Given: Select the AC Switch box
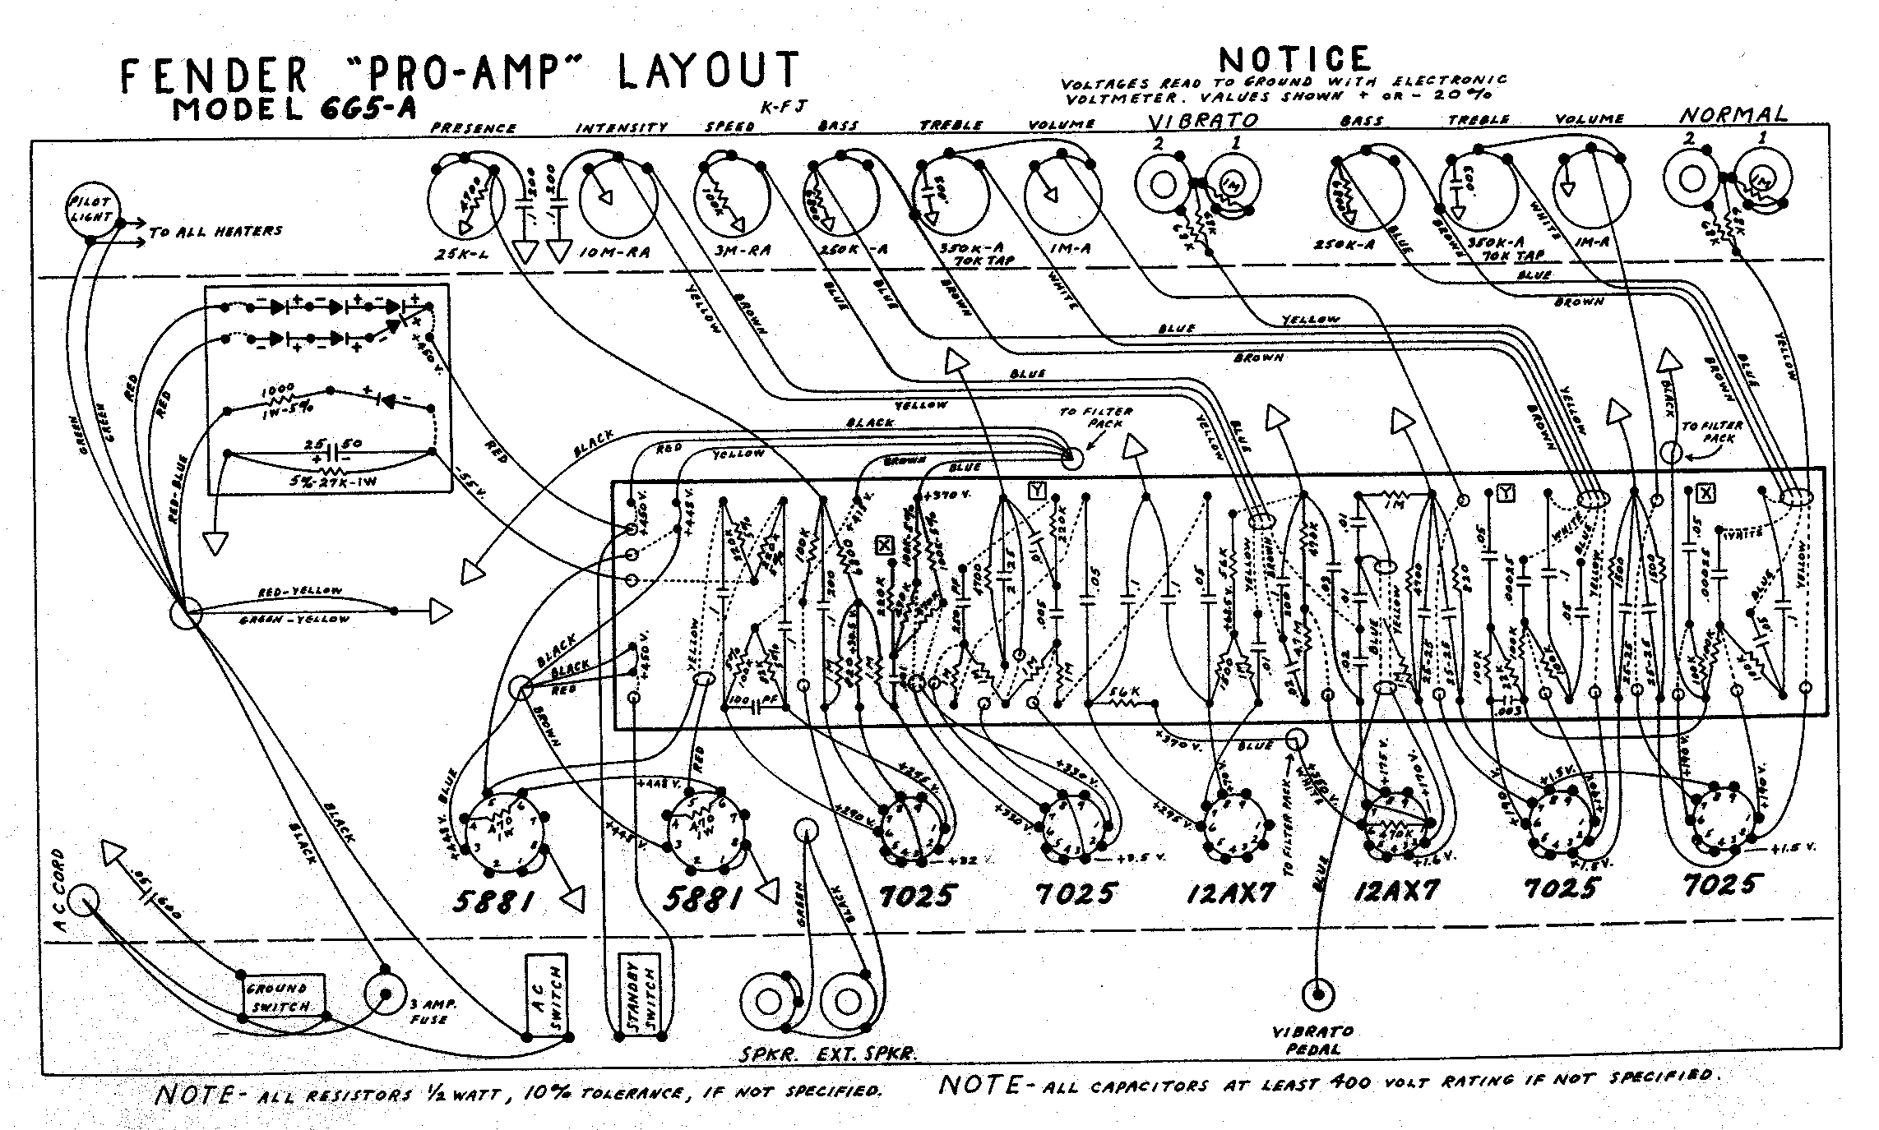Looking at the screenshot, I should [x=547, y=995].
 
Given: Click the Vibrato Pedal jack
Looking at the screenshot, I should [x=1317, y=995].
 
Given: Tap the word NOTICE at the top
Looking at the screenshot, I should [x=1294, y=59].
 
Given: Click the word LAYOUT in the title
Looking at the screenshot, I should [x=706, y=71].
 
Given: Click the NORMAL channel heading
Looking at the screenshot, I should [x=1732, y=115].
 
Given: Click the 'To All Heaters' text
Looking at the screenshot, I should [x=215, y=232].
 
